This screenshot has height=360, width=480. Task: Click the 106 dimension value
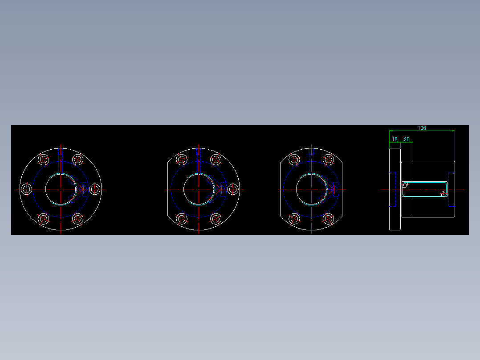tap(422, 128)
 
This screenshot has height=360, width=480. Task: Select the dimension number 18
tap(395, 139)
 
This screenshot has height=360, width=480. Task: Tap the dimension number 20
tap(407, 139)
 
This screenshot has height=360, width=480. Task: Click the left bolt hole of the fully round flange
tap(27, 189)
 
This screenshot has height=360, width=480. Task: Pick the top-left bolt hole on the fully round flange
tap(44, 160)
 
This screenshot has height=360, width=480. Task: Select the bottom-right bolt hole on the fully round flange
tap(78, 219)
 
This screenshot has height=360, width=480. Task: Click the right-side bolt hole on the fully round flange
tap(94, 189)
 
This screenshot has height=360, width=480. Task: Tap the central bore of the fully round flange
tap(61, 189)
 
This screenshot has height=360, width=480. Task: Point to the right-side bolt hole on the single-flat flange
tap(232, 189)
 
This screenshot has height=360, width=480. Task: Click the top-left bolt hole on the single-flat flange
tap(181, 160)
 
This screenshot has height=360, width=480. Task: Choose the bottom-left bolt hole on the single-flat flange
tap(181, 219)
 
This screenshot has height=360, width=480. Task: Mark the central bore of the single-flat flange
tap(198, 189)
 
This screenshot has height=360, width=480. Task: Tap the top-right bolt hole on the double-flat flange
tap(329, 160)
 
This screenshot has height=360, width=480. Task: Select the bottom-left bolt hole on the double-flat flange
tap(294, 219)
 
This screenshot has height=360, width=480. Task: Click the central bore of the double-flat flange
tap(311, 189)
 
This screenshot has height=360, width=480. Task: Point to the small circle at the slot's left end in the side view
tap(405, 185)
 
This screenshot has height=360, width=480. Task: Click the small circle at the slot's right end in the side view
tap(444, 194)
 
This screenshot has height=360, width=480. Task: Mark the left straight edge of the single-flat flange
tap(167, 189)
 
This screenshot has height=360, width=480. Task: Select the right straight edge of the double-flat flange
tap(342, 189)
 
